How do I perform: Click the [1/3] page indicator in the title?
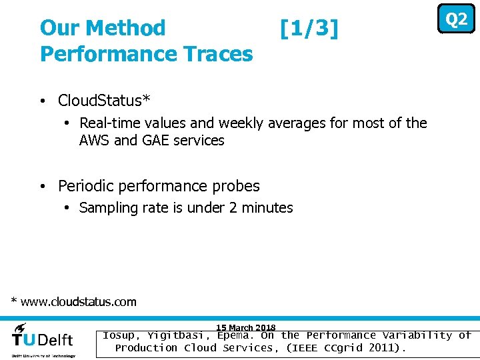point(309,29)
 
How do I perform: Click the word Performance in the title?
point(101,54)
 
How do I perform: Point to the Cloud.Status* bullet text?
point(104,101)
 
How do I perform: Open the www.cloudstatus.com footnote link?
point(79,302)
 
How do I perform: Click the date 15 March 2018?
point(245,327)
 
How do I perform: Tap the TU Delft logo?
point(43,338)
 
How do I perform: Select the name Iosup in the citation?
point(118,336)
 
